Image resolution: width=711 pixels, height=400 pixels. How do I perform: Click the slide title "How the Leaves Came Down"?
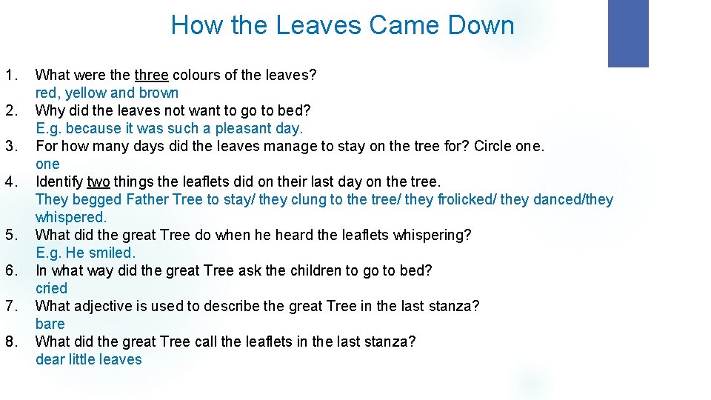(x=342, y=25)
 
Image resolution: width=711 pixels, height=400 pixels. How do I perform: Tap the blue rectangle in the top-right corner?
(x=627, y=33)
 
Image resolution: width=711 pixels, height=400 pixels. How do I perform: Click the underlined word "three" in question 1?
(x=151, y=75)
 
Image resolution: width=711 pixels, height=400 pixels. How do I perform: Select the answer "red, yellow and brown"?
(x=107, y=93)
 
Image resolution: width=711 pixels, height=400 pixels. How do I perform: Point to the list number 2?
(x=11, y=110)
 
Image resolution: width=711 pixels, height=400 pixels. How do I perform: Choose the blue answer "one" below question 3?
(x=47, y=164)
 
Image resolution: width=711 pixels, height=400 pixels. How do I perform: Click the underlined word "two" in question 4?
(x=99, y=181)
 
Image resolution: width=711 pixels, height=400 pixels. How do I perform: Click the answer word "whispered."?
(x=71, y=217)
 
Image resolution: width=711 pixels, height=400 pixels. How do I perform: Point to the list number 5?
(x=11, y=235)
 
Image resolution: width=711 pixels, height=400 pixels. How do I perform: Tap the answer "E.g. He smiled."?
(x=86, y=253)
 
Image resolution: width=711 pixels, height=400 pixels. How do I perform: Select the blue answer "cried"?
(x=51, y=288)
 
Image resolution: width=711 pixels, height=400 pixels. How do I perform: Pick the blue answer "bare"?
(x=50, y=324)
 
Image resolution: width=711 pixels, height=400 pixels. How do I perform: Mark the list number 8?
(x=11, y=341)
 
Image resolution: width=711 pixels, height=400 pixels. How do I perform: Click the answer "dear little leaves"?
(x=88, y=359)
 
